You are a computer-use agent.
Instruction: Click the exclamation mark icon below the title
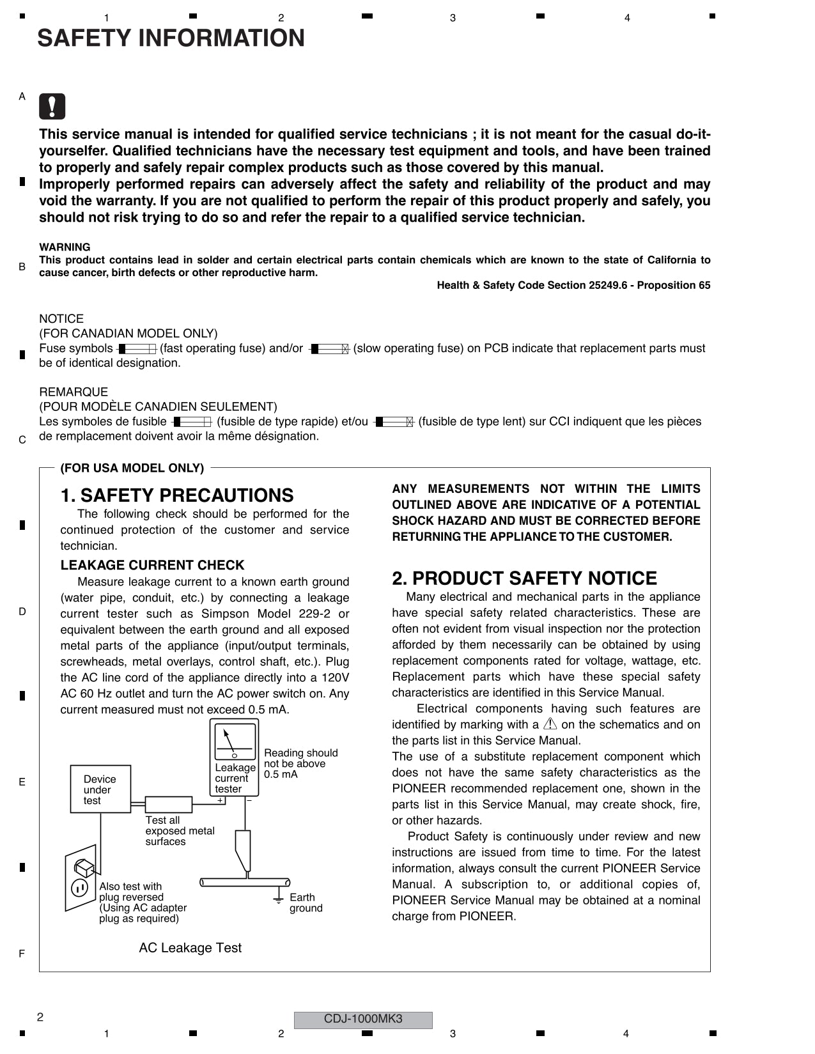(52, 107)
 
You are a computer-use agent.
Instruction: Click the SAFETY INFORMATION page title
(171, 38)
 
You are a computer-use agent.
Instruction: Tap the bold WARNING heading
(65, 247)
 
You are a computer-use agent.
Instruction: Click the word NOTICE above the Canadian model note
(61, 319)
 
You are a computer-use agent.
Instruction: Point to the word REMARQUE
(74, 392)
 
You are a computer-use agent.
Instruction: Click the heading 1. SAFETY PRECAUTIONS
(177, 496)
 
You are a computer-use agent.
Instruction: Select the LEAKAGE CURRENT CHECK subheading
(152, 566)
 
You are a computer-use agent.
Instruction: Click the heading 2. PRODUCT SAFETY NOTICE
(524, 578)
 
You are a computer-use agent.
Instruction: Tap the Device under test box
(100, 789)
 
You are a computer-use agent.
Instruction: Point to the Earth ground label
(306, 903)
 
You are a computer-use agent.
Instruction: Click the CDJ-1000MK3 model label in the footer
(362, 1019)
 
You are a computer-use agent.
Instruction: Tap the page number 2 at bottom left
(40, 1018)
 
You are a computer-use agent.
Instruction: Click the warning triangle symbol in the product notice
(550, 724)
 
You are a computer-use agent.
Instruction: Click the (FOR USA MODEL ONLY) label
(132, 469)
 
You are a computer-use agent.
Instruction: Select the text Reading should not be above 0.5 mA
(300, 764)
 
